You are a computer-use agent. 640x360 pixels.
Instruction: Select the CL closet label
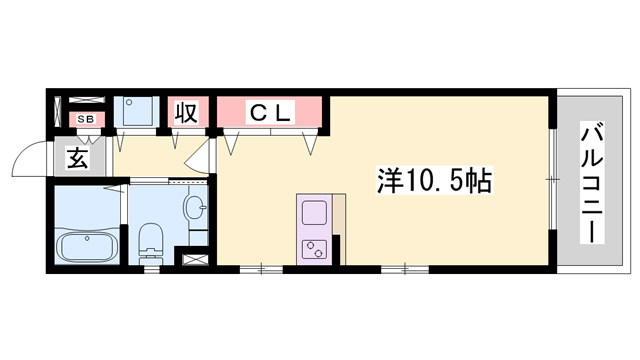(x=269, y=113)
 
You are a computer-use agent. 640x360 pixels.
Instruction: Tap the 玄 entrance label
(x=79, y=156)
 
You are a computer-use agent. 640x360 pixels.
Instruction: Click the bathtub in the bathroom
(x=88, y=244)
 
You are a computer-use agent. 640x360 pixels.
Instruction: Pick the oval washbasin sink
(x=195, y=209)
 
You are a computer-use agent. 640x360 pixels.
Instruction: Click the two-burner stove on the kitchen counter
(x=313, y=247)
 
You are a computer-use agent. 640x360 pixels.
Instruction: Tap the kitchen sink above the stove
(x=313, y=214)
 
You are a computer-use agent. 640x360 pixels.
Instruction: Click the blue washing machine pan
(x=135, y=110)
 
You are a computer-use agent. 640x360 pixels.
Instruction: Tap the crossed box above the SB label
(x=86, y=102)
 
